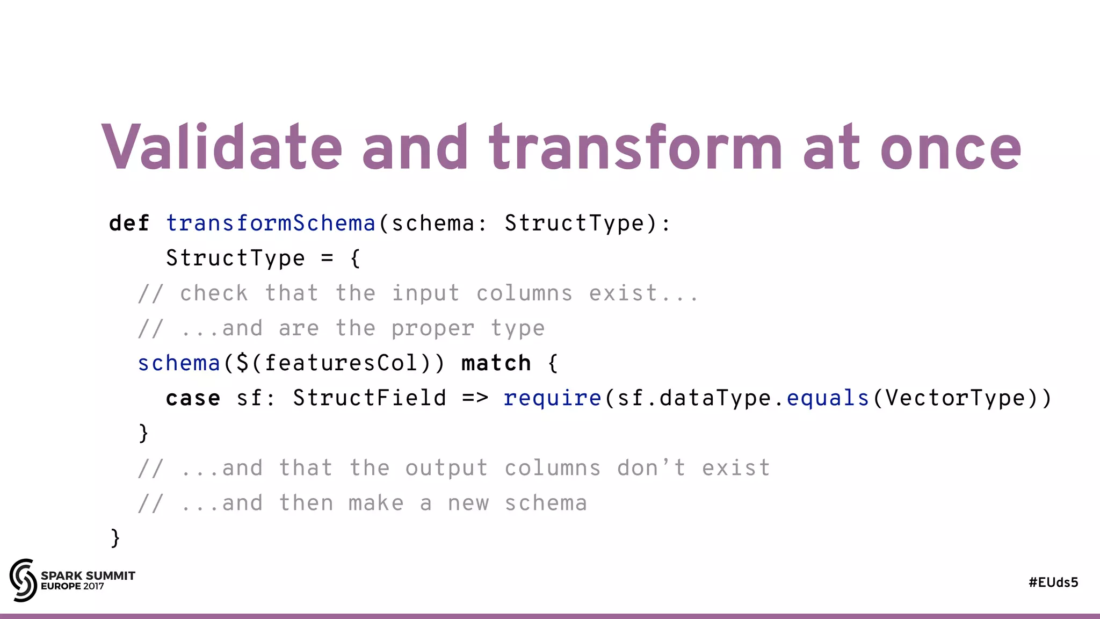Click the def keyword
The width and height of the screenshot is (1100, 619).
point(129,223)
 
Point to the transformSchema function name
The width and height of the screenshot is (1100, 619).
point(271,223)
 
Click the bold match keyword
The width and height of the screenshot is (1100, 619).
point(496,363)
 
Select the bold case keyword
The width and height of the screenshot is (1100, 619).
point(193,398)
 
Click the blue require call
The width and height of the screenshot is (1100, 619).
point(552,398)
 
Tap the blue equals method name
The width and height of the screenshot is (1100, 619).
point(828,398)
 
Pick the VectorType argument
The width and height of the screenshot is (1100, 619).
point(955,398)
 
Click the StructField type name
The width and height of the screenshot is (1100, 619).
point(370,398)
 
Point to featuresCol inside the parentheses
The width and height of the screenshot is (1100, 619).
point(341,363)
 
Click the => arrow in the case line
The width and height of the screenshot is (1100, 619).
point(475,398)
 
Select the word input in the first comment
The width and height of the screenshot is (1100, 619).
point(425,294)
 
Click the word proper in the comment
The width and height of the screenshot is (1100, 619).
point(433,329)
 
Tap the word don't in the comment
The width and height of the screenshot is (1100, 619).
point(651,468)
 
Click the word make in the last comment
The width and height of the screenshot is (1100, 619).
point(376,503)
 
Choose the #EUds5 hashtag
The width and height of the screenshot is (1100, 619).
point(1053,582)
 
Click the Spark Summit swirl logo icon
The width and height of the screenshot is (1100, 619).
point(23,580)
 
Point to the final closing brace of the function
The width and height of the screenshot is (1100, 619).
point(115,537)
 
